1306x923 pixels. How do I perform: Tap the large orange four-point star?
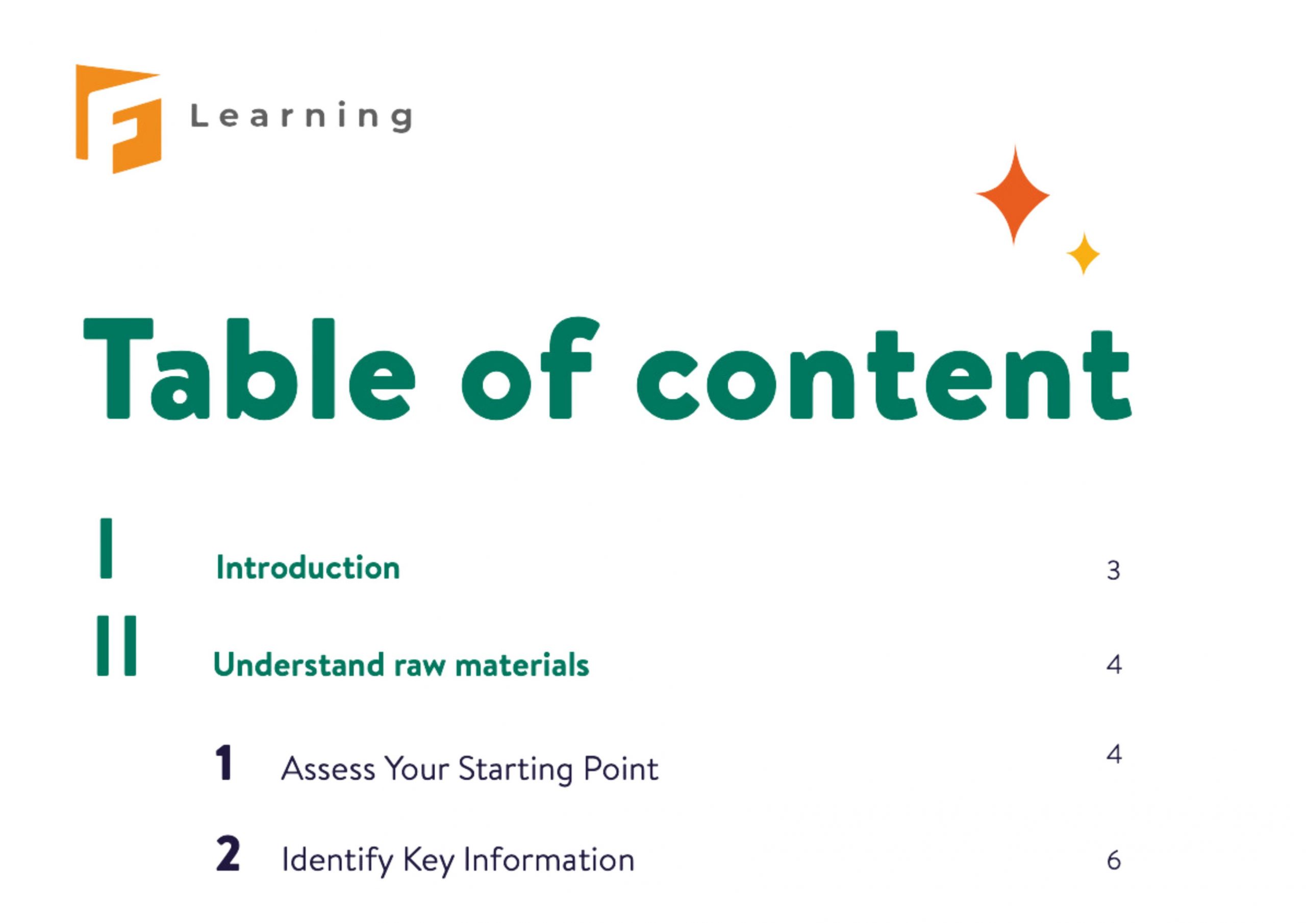[x=1013, y=195]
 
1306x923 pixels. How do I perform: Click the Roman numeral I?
[x=106, y=548]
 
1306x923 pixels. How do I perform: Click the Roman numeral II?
[x=117, y=646]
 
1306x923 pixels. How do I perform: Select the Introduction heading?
[x=308, y=568]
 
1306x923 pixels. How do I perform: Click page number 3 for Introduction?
[x=1113, y=571]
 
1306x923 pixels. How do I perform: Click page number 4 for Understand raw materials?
[x=1114, y=664]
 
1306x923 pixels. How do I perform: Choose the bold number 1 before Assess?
[x=224, y=763]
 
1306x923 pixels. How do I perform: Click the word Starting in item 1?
[x=515, y=770]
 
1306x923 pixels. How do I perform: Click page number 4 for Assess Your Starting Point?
[x=1114, y=755]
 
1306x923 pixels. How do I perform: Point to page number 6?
[x=1114, y=860]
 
